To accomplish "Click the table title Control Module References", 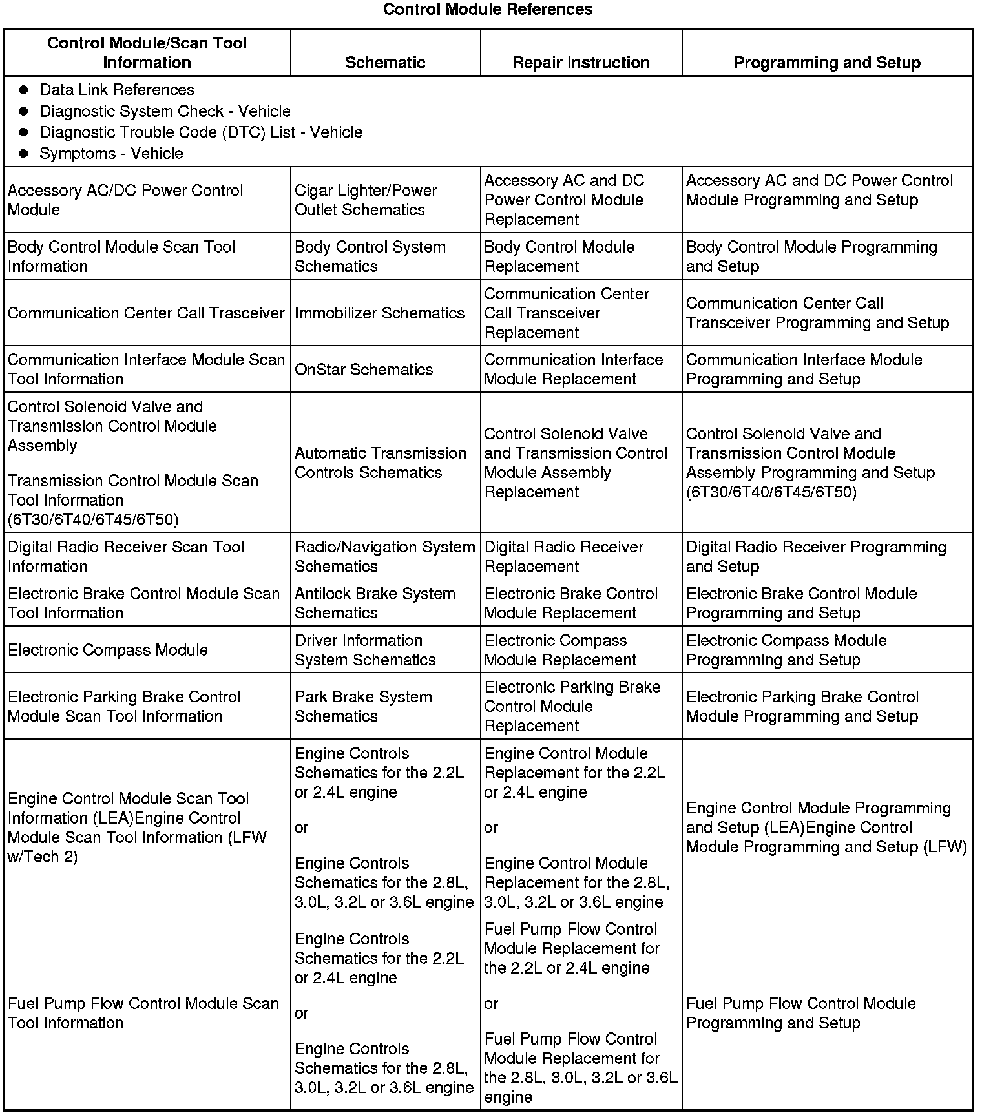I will tap(488, 9).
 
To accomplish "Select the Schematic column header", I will tap(385, 62).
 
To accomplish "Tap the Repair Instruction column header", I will tap(581, 62).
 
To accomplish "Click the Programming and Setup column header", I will tap(827, 62).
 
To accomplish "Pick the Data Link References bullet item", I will tap(117, 90).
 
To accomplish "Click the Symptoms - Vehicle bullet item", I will tap(111, 154).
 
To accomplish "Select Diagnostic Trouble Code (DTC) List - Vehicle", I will tap(201, 132).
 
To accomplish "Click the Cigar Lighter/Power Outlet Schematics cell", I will tap(366, 200).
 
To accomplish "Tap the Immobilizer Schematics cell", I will tap(379, 313).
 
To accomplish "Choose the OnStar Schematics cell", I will tap(364, 370).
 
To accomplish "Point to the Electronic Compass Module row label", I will tap(108, 650).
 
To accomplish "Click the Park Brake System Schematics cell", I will tap(363, 707).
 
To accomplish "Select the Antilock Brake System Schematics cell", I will tap(375, 603).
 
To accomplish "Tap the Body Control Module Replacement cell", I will tap(559, 256).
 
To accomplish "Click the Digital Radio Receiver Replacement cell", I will tap(563, 557).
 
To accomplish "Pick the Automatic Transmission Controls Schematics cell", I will tap(380, 463).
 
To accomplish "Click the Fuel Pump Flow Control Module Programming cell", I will tap(800, 1013).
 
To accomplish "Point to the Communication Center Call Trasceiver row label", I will tap(146, 313).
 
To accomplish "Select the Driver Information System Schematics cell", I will tap(365, 650).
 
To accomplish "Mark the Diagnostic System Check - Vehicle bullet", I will tap(165, 111).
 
